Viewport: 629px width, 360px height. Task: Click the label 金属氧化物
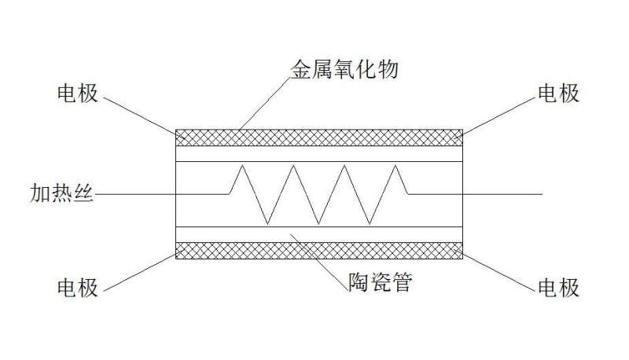344,69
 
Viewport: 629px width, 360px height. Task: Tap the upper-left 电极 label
78,94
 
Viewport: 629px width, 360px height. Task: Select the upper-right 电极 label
558,94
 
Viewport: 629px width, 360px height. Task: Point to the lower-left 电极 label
78,288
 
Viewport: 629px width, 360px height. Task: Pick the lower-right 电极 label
558,288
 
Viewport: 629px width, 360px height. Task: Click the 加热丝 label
61,193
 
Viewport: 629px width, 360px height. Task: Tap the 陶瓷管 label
380,282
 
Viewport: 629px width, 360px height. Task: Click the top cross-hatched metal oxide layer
319,138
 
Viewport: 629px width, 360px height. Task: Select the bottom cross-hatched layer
319,250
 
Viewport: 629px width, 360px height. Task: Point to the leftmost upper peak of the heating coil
242,165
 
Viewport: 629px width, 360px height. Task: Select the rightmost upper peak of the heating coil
396,165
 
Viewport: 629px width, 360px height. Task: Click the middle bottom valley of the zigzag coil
319,224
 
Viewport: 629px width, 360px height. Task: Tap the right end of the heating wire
543,194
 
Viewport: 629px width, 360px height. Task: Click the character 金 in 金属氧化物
301,69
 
